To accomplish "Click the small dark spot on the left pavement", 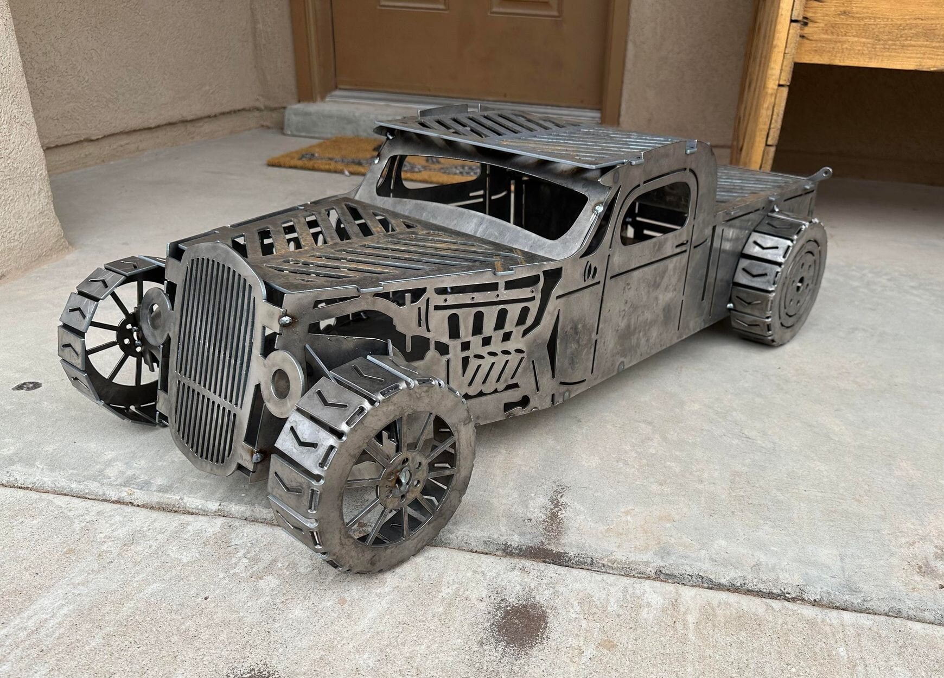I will click(x=26, y=386).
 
